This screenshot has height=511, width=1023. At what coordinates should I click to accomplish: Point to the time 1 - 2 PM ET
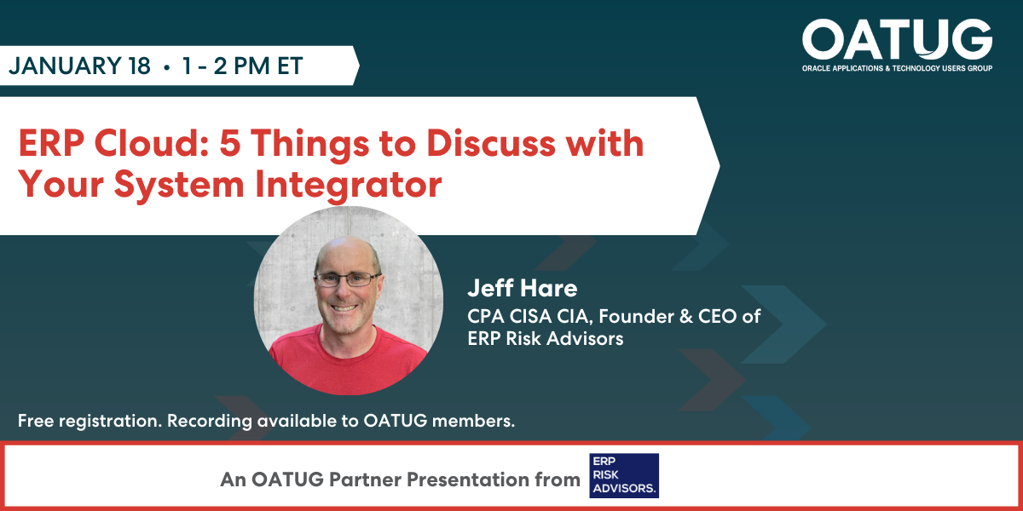point(242,66)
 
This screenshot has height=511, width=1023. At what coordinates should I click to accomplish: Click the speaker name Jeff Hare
point(522,288)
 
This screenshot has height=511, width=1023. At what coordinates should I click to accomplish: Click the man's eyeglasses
point(347,278)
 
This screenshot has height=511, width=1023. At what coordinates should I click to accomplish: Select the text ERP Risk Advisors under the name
point(546,339)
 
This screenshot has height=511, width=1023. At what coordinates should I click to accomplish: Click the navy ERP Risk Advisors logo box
point(624,475)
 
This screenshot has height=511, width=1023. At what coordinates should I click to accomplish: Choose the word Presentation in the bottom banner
point(465,479)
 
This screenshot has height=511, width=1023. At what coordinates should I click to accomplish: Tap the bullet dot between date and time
point(165,67)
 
